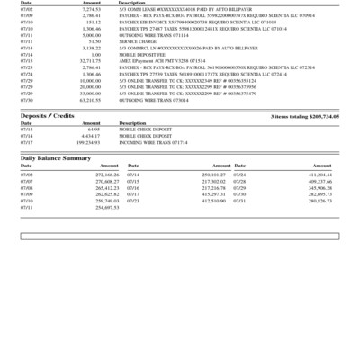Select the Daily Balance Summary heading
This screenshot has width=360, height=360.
[x=56, y=157]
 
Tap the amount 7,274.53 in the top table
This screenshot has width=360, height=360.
[x=92, y=8]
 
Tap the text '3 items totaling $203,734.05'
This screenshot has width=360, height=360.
[x=304, y=117]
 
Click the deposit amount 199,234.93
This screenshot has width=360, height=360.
[x=88, y=142]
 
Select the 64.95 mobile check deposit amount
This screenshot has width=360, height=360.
[x=93, y=130]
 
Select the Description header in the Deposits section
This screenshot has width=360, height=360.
[x=132, y=123]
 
